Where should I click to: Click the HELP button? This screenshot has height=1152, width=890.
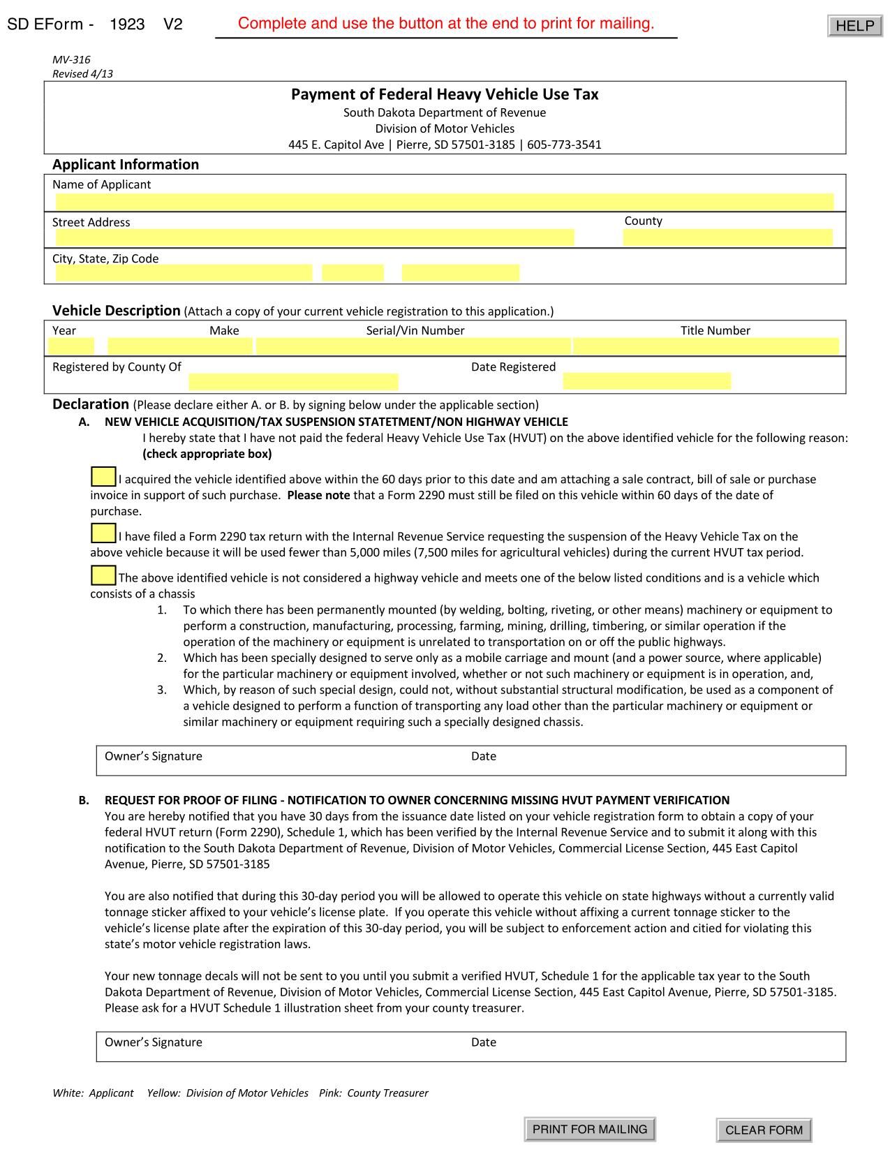(854, 26)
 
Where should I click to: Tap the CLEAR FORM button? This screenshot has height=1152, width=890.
(764, 1130)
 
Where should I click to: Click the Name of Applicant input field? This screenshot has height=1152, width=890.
(444, 202)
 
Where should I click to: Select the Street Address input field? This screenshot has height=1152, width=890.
(314, 237)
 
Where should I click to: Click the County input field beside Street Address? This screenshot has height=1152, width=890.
(727, 237)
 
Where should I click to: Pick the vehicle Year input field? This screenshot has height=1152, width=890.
(71, 346)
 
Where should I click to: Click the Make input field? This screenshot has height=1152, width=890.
(179, 346)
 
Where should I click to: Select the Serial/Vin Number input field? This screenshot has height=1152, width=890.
(413, 346)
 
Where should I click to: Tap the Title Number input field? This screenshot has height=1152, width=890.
(706, 346)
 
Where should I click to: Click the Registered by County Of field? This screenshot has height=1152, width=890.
(293, 381)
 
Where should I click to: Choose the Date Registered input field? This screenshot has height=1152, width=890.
(646, 381)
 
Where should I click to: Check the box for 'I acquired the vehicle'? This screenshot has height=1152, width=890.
(103, 478)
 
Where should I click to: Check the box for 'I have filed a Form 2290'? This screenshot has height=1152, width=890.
(103, 534)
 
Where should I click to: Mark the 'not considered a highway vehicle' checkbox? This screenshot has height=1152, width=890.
(103, 576)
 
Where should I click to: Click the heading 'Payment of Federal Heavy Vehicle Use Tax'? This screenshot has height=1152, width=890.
(445, 94)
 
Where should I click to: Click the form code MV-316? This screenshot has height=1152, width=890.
(71, 60)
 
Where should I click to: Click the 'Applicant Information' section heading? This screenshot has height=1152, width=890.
(126, 165)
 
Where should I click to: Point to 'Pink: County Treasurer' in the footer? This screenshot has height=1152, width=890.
(373, 1093)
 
